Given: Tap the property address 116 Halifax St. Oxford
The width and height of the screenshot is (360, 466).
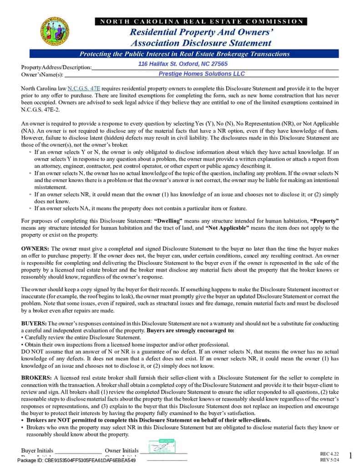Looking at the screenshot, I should pyautogui.click(x=183, y=64).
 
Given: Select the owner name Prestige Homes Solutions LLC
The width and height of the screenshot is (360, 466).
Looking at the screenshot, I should pyautogui.click(x=202, y=74).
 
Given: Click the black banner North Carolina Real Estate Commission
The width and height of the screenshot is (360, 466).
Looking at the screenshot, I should pyautogui.click(x=201, y=21).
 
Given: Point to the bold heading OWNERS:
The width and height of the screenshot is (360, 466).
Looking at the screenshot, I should pyautogui.click(x=35, y=248).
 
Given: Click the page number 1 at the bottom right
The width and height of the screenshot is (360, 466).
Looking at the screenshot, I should pyautogui.click(x=350, y=456).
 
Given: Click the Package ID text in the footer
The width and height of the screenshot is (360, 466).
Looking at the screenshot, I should pyautogui.click(x=76, y=461).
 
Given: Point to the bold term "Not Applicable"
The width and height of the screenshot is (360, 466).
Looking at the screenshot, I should pyautogui.click(x=227, y=228).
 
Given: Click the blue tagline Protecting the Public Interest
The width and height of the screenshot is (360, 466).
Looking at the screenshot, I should pyautogui.click(x=184, y=54).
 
